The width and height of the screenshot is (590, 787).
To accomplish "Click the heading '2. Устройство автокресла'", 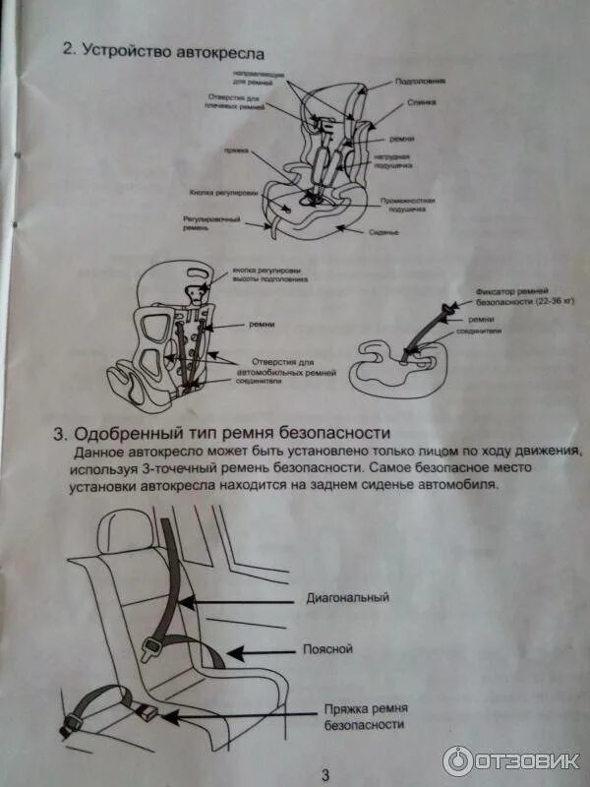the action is (x=162, y=50).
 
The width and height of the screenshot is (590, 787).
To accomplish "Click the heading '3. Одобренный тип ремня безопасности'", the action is (x=222, y=434).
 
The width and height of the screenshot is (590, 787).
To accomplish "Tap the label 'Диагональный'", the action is (x=347, y=597).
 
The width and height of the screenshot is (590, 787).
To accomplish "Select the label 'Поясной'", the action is (x=328, y=649).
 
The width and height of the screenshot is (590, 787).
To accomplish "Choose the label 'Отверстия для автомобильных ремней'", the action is (x=293, y=368).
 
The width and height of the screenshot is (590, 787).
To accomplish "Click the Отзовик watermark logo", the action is (x=511, y=759).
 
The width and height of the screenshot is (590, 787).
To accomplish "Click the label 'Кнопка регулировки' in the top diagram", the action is (x=215, y=193).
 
